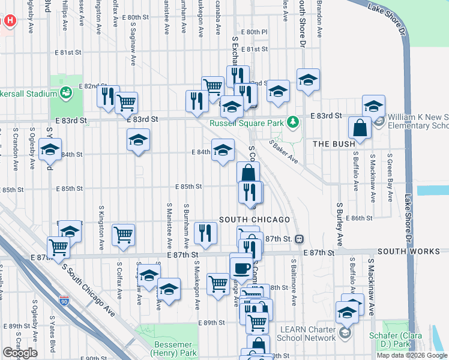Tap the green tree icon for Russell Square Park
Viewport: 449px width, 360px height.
click(x=293, y=122)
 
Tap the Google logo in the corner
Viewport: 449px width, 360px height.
click(x=20, y=353)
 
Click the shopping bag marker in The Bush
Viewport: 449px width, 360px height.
click(x=360, y=128)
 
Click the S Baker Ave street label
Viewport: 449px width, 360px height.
click(x=283, y=152)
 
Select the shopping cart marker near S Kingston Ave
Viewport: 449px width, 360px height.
click(x=123, y=235)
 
